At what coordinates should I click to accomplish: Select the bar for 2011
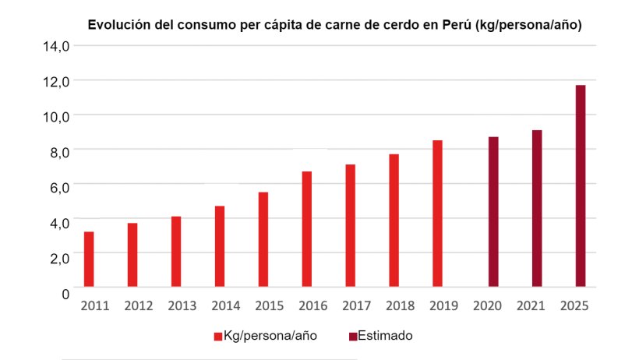point(89,259)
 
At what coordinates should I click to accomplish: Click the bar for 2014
point(220,247)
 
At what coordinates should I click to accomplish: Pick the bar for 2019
point(438,214)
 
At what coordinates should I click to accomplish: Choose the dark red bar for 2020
point(493,212)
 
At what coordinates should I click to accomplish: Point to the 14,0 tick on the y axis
point(56,46)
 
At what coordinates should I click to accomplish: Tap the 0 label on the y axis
point(65,291)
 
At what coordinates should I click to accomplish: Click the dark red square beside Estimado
point(352,337)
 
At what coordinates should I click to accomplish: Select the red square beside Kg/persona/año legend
point(218,337)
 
